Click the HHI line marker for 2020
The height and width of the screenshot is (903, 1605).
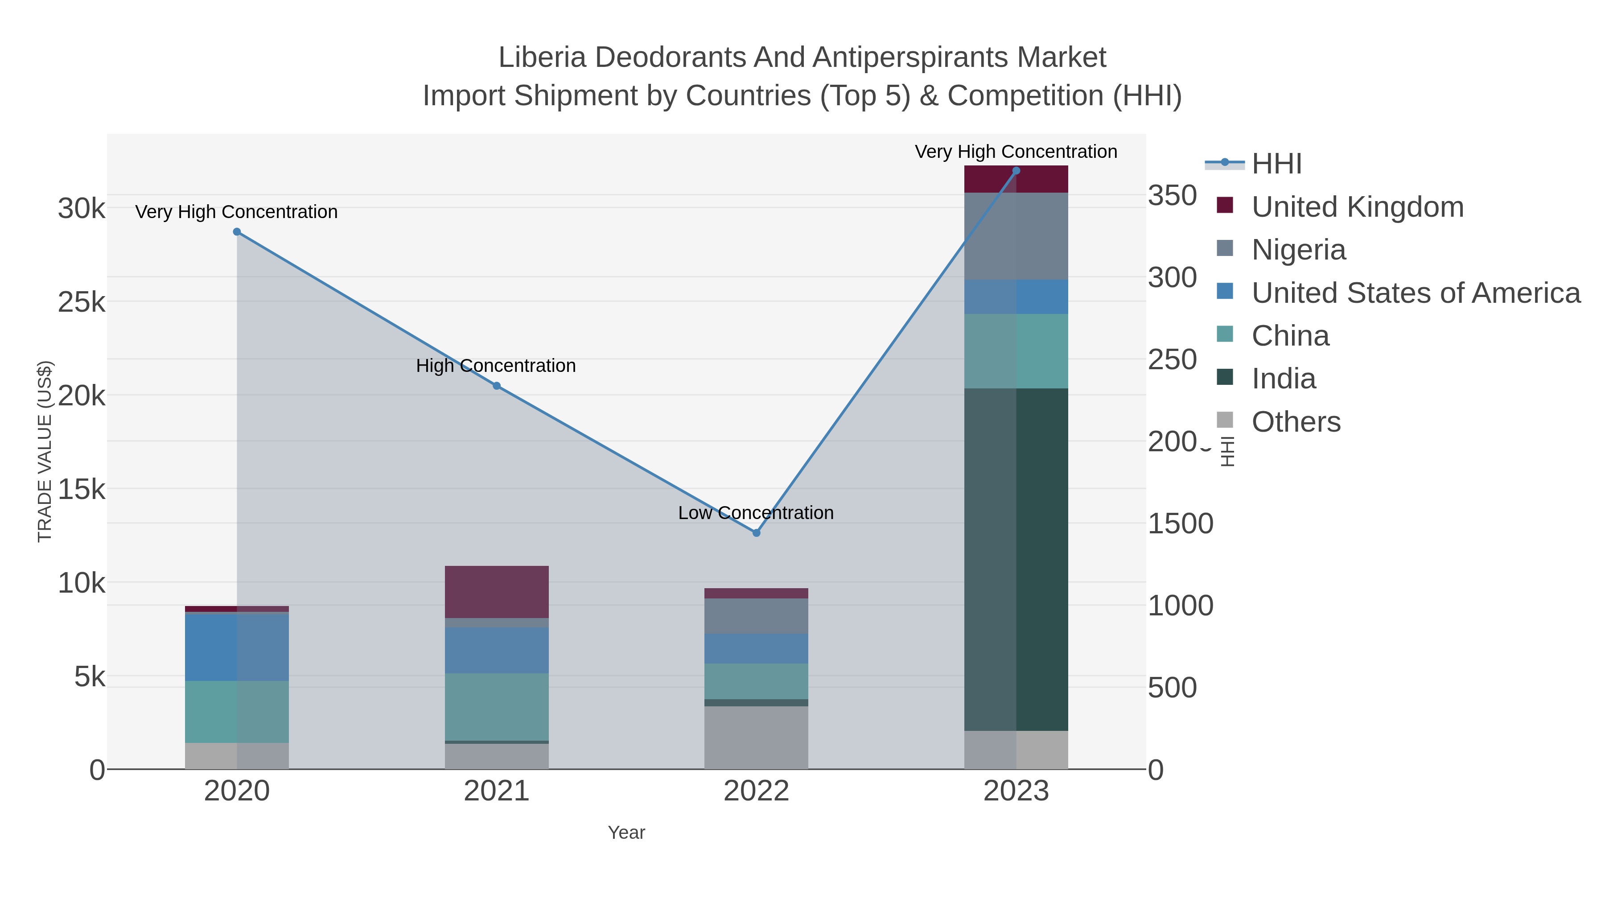point(237,232)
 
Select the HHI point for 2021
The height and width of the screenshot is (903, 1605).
point(497,386)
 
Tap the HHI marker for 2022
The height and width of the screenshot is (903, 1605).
point(757,533)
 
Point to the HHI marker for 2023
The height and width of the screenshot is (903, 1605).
point(1016,171)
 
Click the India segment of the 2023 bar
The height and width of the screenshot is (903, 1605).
point(1016,559)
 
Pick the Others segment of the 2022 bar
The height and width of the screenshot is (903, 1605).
point(757,737)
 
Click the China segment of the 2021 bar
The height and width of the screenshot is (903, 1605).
point(497,707)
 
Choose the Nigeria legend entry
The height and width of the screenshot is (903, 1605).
point(1298,250)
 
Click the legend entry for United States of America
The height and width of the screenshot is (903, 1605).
point(1416,293)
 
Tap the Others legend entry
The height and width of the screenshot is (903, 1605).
point(1296,422)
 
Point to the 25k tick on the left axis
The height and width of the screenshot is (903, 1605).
point(82,302)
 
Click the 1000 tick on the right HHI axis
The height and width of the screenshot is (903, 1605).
point(1180,606)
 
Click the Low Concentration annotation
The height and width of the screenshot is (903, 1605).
point(756,513)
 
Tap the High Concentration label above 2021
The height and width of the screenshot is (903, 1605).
point(496,366)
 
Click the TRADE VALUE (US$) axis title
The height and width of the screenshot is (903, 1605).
point(45,451)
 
